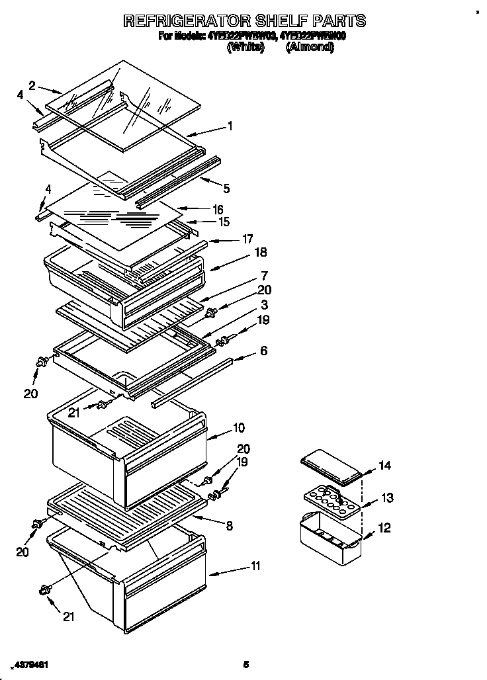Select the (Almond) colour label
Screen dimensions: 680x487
coord(309,47)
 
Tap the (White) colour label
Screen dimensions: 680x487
coord(245,47)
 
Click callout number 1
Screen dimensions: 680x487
coord(230,124)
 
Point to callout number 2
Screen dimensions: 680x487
coord(32,84)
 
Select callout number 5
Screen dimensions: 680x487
coord(226,189)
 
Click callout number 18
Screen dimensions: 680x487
coord(260,252)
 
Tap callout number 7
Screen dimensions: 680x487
coord(263,275)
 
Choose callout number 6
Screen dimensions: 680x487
coord(263,351)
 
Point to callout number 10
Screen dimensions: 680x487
coord(238,428)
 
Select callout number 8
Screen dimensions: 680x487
coord(229,527)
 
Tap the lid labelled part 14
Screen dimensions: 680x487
coord(329,466)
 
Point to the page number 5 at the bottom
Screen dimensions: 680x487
coord(245,664)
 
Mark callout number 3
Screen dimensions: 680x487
coord(264,305)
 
